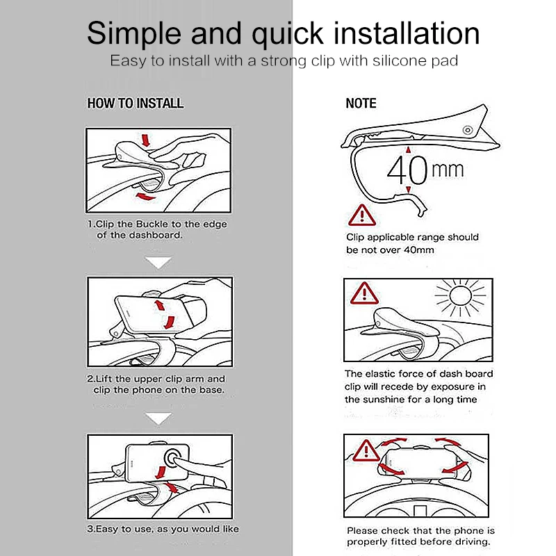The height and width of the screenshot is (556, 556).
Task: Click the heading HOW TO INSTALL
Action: (x=136, y=103)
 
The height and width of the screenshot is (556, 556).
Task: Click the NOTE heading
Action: (x=361, y=103)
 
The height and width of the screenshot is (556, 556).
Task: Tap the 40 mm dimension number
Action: (x=407, y=170)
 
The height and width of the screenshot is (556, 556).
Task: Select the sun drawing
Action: (x=460, y=297)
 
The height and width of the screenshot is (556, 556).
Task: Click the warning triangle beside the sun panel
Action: (x=364, y=294)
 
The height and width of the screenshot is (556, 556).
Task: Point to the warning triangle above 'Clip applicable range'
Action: (x=361, y=215)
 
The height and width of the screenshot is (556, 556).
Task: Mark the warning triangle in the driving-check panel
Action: (x=366, y=450)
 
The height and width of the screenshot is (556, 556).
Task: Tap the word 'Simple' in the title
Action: (x=134, y=33)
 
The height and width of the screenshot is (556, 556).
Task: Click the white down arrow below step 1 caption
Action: (x=158, y=263)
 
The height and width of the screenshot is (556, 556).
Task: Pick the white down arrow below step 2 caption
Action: (x=158, y=418)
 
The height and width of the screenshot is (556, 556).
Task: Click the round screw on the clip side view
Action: (x=468, y=130)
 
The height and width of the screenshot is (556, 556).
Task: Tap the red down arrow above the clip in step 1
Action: (x=145, y=140)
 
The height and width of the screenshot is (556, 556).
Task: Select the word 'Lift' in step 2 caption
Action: (x=105, y=379)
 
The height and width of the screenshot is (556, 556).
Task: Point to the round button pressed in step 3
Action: (x=173, y=458)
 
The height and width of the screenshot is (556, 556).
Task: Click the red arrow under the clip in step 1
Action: (x=145, y=197)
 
